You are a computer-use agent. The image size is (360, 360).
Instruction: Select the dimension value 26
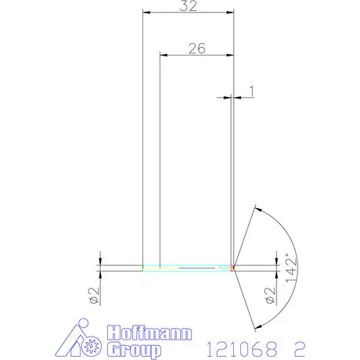(196, 48)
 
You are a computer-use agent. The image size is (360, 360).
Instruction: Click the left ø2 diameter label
(92, 295)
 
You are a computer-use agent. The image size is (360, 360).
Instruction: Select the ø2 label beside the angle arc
(270, 295)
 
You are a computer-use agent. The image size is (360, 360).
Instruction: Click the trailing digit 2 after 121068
(299, 345)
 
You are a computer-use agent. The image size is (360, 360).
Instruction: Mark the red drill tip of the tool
(233, 268)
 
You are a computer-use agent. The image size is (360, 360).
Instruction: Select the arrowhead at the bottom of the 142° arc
(255, 324)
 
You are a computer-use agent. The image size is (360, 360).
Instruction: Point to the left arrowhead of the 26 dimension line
(164, 55)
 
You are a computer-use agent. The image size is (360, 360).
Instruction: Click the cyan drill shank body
(188, 268)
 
